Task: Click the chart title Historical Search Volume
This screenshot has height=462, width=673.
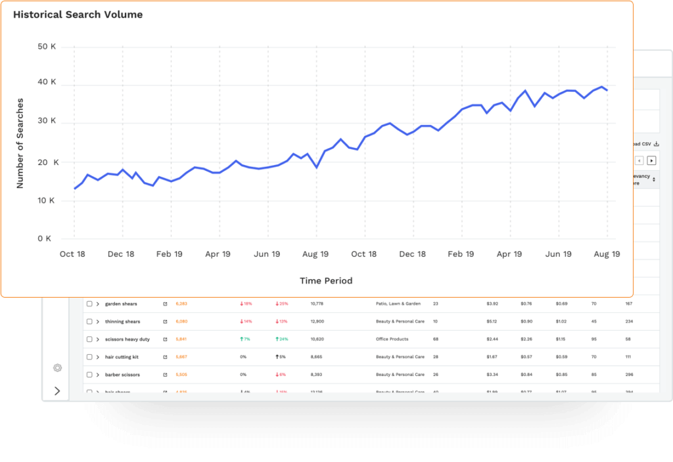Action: (x=78, y=14)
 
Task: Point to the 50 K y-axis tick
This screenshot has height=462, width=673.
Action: (x=47, y=47)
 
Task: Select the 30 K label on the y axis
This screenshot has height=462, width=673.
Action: (x=47, y=122)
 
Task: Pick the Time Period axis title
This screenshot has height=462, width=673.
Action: (x=326, y=281)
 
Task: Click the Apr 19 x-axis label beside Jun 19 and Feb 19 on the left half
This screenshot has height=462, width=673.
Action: (x=218, y=254)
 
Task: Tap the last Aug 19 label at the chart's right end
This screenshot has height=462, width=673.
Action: (x=607, y=254)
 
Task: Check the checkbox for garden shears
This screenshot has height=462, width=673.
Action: (x=89, y=304)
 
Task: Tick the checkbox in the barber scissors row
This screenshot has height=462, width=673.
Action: (x=89, y=375)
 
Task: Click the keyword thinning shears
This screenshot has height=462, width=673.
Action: (x=122, y=321)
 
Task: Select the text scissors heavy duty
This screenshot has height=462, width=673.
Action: (x=128, y=339)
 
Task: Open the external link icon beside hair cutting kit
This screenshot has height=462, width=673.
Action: (x=165, y=357)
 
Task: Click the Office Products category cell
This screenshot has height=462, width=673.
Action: (x=392, y=339)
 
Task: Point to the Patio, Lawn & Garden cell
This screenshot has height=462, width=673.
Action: (x=398, y=304)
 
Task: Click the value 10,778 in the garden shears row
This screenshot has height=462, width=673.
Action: (x=317, y=304)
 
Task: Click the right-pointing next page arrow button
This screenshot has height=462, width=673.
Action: (x=651, y=160)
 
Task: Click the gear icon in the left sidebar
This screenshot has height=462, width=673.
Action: (x=57, y=367)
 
